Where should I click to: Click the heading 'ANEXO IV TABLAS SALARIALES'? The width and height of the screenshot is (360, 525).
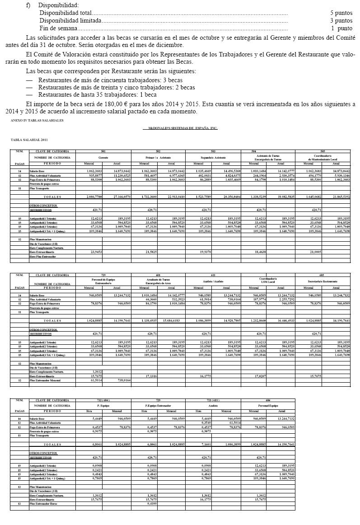point(37,121)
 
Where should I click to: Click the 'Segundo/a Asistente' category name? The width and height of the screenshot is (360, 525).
point(213,157)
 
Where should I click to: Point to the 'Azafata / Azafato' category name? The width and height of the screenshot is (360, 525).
point(213,281)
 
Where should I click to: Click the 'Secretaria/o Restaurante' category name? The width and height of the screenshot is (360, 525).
point(323,281)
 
